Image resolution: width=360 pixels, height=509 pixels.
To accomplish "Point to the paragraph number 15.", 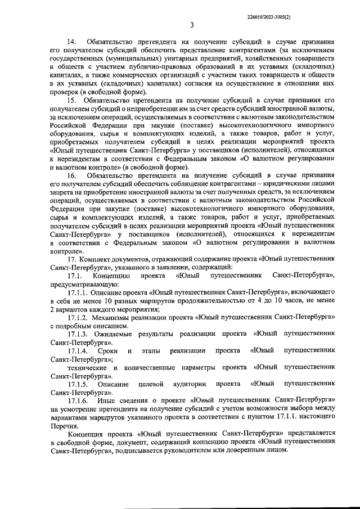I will [x=73, y=100].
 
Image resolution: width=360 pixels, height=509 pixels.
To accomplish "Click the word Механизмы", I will [x=118, y=317].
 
